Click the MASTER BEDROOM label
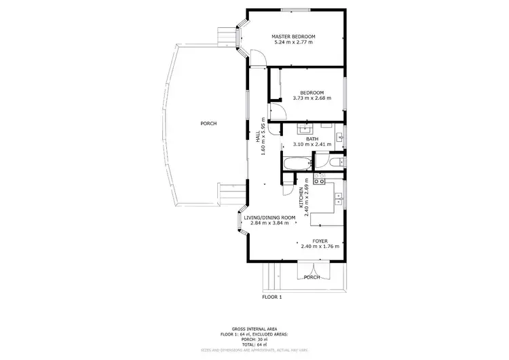[x=293, y=36]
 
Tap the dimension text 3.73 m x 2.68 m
[x=312, y=98]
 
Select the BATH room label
[x=312, y=139]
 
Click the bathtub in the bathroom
[x=297, y=164]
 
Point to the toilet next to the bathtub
[x=334, y=162]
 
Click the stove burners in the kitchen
[x=320, y=180]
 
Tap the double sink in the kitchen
[x=338, y=197]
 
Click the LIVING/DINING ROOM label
[x=269, y=217]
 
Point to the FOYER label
[x=320, y=241]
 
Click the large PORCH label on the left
[x=208, y=124]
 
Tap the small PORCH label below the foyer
[x=312, y=277]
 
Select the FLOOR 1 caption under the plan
[x=271, y=297]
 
